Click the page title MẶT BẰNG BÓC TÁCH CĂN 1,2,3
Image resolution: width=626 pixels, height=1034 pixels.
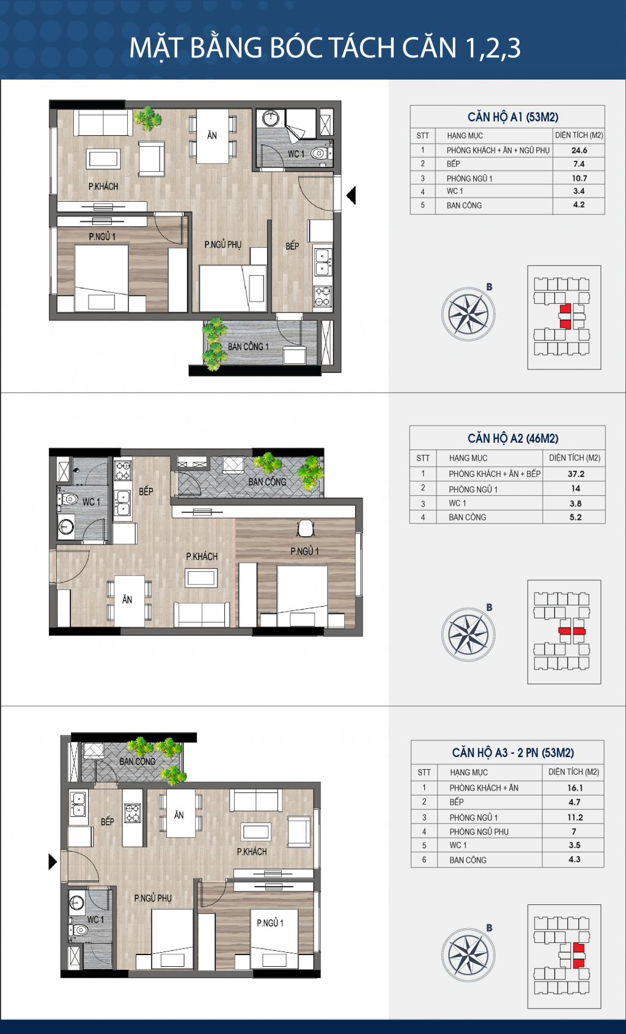(x=325, y=48)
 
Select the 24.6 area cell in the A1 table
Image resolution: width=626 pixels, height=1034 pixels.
(x=579, y=150)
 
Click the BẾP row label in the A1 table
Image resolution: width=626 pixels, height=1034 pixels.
(x=454, y=164)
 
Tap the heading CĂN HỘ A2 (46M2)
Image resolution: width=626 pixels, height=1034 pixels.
(x=512, y=438)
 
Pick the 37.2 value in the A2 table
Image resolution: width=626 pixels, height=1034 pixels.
(x=575, y=474)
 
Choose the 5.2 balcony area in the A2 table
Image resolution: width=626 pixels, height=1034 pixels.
(x=575, y=517)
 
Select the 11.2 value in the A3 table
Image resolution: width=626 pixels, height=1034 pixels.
(x=575, y=818)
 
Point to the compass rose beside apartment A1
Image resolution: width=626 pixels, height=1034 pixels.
(x=468, y=314)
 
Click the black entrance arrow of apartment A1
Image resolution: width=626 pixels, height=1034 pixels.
(x=351, y=196)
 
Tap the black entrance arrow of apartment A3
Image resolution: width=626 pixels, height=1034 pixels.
(x=53, y=862)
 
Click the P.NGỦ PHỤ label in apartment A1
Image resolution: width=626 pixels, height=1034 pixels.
(x=223, y=245)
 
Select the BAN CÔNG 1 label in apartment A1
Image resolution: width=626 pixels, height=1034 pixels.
(x=248, y=347)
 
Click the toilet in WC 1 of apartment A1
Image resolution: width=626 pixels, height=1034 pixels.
(x=319, y=153)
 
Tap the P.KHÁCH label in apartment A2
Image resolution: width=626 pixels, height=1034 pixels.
(x=202, y=556)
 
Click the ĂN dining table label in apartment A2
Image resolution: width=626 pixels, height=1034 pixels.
(x=127, y=600)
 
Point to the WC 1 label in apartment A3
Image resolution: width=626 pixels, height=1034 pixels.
(x=95, y=920)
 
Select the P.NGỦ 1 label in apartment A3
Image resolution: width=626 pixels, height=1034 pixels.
(x=270, y=923)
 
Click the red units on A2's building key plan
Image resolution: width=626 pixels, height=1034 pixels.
(x=572, y=631)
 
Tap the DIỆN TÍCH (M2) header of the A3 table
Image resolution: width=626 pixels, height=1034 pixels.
(x=573, y=772)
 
